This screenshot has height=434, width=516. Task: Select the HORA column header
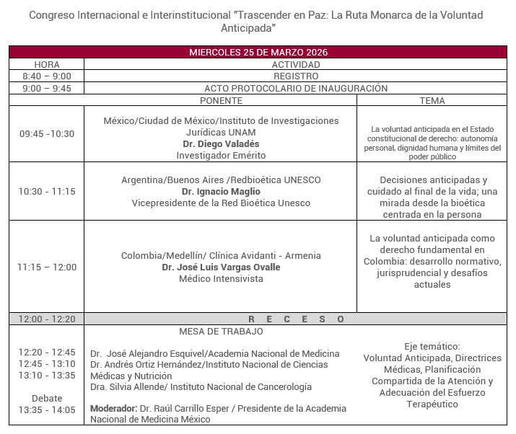46,64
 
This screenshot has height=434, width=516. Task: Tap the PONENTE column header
221,100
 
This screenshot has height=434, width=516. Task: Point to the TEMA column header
432,100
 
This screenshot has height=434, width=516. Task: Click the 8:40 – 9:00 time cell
46,76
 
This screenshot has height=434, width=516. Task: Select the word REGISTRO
296,76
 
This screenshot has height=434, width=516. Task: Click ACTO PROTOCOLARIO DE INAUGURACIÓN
296,88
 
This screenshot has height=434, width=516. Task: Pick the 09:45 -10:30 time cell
46,133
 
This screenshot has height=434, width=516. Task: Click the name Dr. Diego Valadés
221,143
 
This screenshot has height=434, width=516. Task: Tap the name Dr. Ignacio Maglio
221,191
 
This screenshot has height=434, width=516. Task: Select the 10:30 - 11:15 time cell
46,191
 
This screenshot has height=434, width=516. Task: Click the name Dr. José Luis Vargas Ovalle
221,267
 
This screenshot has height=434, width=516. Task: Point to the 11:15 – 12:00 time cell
46,267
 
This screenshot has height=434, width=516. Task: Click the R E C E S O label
296,319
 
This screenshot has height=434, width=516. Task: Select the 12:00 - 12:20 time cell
46,319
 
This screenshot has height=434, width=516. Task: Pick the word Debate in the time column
46,398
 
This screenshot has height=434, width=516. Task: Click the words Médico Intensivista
221,278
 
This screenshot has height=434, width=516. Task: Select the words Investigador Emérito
221,155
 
